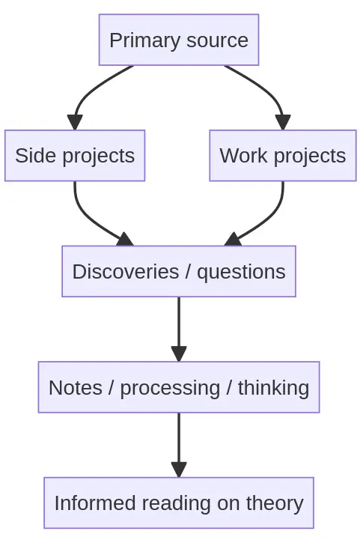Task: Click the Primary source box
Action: click(x=179, y=40)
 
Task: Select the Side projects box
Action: click(x=75, y=156)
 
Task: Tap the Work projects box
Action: click(x=283, y=156)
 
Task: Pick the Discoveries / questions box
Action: click(x=179, y=271)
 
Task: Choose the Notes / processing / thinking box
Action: click(x=179, y=387)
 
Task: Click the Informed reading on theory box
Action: click(x=179, y=503)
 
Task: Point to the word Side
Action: click(x=30, y=156)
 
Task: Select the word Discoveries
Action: click(x=124, y=271)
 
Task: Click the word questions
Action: click(x=241, y=271)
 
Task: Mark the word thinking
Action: click(x=273, y=387)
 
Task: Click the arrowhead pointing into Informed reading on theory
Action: click(x=179, y=470)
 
